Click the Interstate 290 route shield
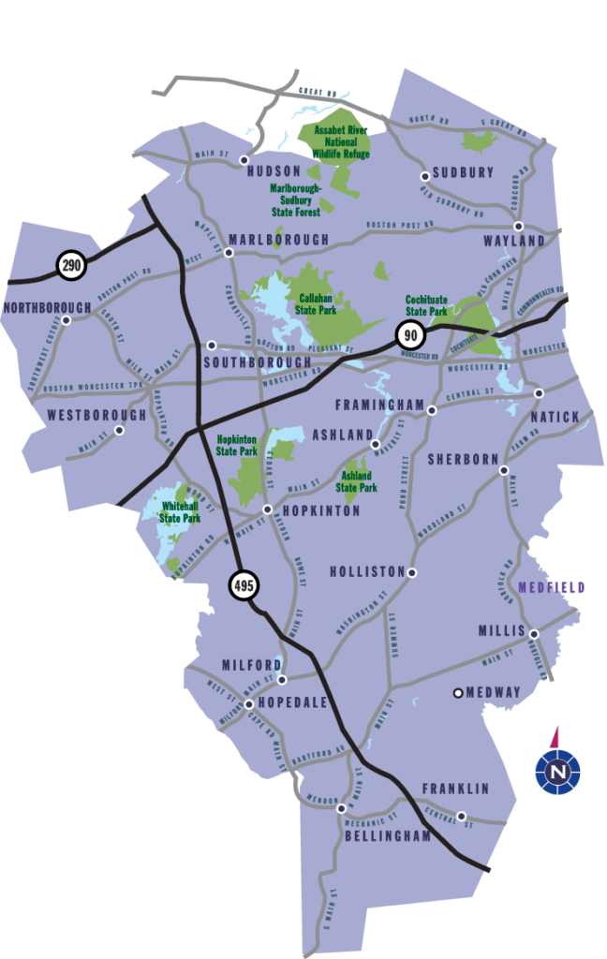(x=70, y=265)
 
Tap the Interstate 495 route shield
(x=244, y=586)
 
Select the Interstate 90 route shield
(x=409, y=334)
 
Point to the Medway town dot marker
(x=458, y=693)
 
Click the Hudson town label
(x=274, y=172)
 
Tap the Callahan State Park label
(x=316, y=303)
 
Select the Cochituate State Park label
(x=426, y=306)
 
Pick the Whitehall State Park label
(x=180, y=511)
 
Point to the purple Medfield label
(x=551, y=588)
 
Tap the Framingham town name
(x=380, y=405)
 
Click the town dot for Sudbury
(x=424, y=175)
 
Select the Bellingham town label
(x=387, y=836)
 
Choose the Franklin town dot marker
(x=461, y=815)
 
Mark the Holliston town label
(x=367, y=571)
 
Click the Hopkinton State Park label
(x=237, y=445)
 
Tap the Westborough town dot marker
(x=119, y=431)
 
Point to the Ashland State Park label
(x=356, y=481)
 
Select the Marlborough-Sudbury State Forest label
(x=296, y=199)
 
